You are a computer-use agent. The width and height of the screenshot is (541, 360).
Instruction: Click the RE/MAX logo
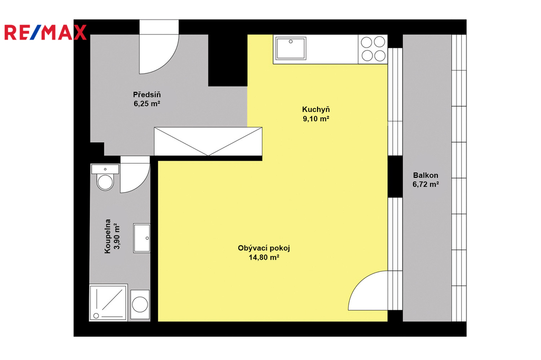pos(45,32)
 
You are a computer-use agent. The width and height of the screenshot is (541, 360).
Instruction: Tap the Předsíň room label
pos(147,94)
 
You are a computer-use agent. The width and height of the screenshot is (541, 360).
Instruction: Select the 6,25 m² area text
pos(147,103)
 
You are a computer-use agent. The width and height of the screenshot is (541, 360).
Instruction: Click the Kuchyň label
pos(316,110)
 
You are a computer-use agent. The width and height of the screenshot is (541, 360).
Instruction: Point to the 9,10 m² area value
pos(316,119)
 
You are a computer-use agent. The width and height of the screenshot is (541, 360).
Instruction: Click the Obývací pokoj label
pos(264,248)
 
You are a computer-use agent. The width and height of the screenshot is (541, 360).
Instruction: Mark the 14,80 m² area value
pos(264,257)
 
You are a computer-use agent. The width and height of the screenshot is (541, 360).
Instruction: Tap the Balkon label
pos(426,175)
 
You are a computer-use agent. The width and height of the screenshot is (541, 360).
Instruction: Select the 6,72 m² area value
pos(426,184)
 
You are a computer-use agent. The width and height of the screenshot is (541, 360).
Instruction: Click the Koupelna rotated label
pos(108,236)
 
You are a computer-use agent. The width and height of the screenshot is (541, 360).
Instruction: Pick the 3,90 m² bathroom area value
pos(117,236)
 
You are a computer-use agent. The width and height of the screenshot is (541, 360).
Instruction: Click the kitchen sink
pos(291,48)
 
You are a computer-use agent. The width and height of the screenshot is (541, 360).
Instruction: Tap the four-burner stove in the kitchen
pos(372,49)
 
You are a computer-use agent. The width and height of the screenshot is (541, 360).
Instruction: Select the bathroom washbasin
pos(142,238)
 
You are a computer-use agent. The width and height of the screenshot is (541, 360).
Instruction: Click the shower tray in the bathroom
pos(108,302)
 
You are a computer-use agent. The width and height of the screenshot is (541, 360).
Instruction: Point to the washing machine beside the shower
pos(140,305)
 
